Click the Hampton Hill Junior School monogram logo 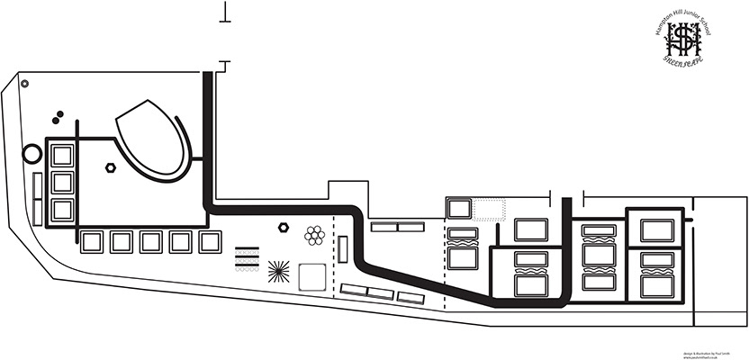click(x=689, y=37)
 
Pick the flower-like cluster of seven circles click(x=314, y=235)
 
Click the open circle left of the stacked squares click(x=32, y=153)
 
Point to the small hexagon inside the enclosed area click(x=110, y=167)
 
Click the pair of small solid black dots click(x=59, y=115)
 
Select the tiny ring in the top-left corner click(x=24, y=83)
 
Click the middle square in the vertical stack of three click(x=62, y=182)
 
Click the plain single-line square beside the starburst click(x=311, y=276)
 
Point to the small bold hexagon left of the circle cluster click(x=284, y=228)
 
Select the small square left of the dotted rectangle click(x=460, y=209)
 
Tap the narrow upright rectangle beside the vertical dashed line click(x=344, y=248)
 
